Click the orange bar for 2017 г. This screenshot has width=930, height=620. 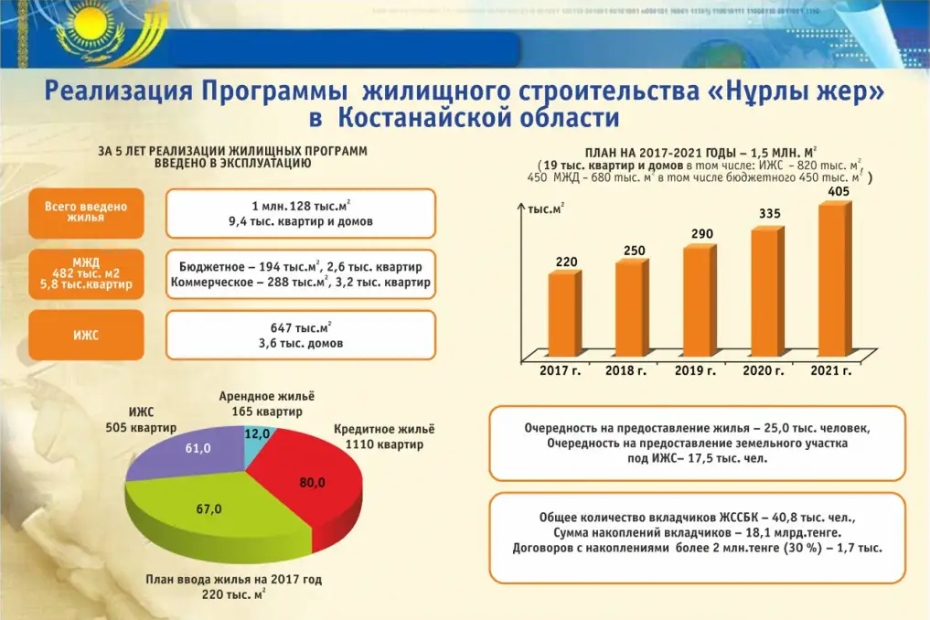click(x=563, y=312)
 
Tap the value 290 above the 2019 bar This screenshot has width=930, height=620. click(x=701, y=234)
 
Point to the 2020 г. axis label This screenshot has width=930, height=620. click(x=764, y=371)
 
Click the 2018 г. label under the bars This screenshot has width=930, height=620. click(x=626, y=371)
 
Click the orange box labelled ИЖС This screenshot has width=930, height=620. click(x=87, y=335)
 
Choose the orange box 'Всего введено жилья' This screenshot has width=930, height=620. click(x=87, y=212)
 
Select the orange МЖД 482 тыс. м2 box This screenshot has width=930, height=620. click(x=87, y=273)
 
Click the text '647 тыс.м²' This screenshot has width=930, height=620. click(x=300, y=327)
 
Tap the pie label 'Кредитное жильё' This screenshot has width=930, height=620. click(x=384, y=429)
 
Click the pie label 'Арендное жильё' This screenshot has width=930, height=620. click(x=265, y=397)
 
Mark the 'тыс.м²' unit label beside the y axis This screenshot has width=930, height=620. click(x=546, y=209)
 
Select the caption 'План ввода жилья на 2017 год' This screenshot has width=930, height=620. click(x=234, y=580)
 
